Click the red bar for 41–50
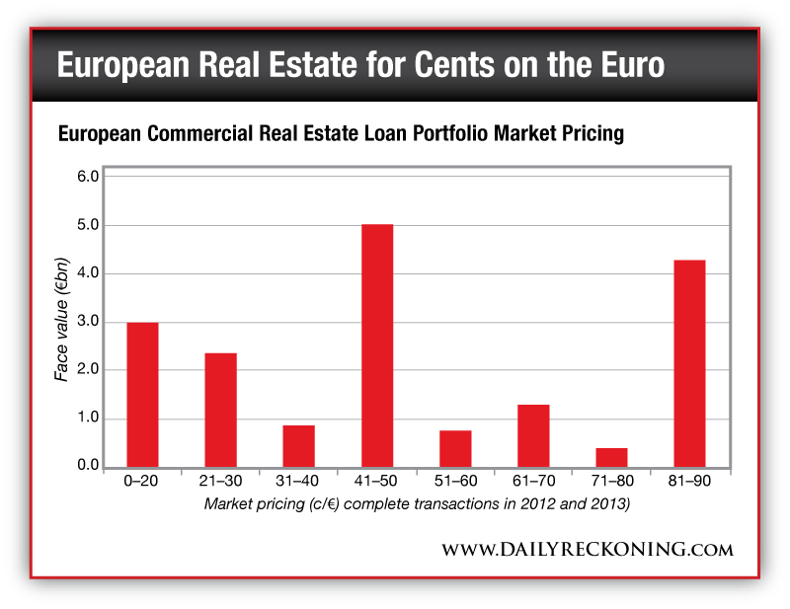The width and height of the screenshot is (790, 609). [x=376, y=345]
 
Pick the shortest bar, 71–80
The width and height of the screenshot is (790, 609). [x=611, y=457]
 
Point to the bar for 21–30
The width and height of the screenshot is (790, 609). [x=220, y=410]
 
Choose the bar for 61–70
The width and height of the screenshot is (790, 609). [x=533, y=435]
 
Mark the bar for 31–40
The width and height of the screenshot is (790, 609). [x=298, y=445]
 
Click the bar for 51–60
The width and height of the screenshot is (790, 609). [x=455, y=448]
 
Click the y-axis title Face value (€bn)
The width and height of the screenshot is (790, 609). [x=62, y=322]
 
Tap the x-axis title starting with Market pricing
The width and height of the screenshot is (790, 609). [x=417, y=504]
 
